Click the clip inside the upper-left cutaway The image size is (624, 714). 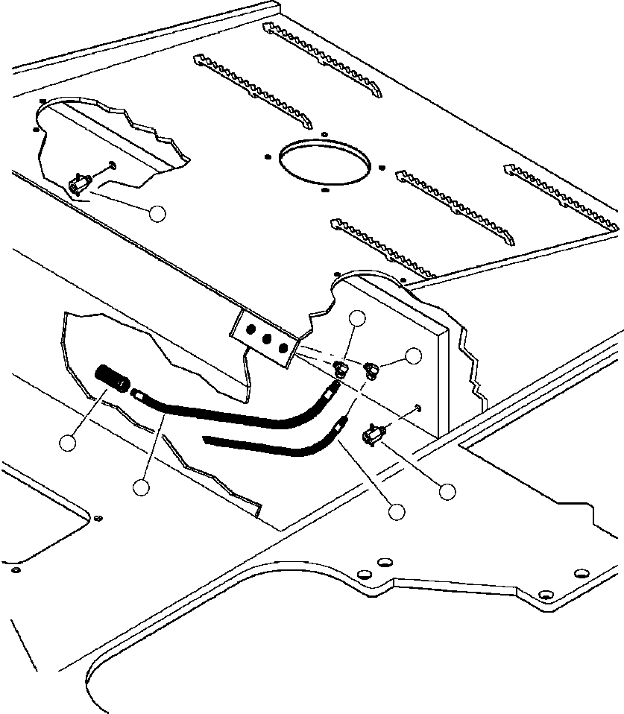click(80, 181)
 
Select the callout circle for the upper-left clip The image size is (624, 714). click(157, 213)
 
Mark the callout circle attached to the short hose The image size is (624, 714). click(397, 511)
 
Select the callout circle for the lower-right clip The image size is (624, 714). click(447, 491)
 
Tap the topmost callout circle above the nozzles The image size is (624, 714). click(359, 318)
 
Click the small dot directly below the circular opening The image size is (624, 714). click(324, 190)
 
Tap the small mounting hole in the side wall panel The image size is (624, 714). click(419, 407)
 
